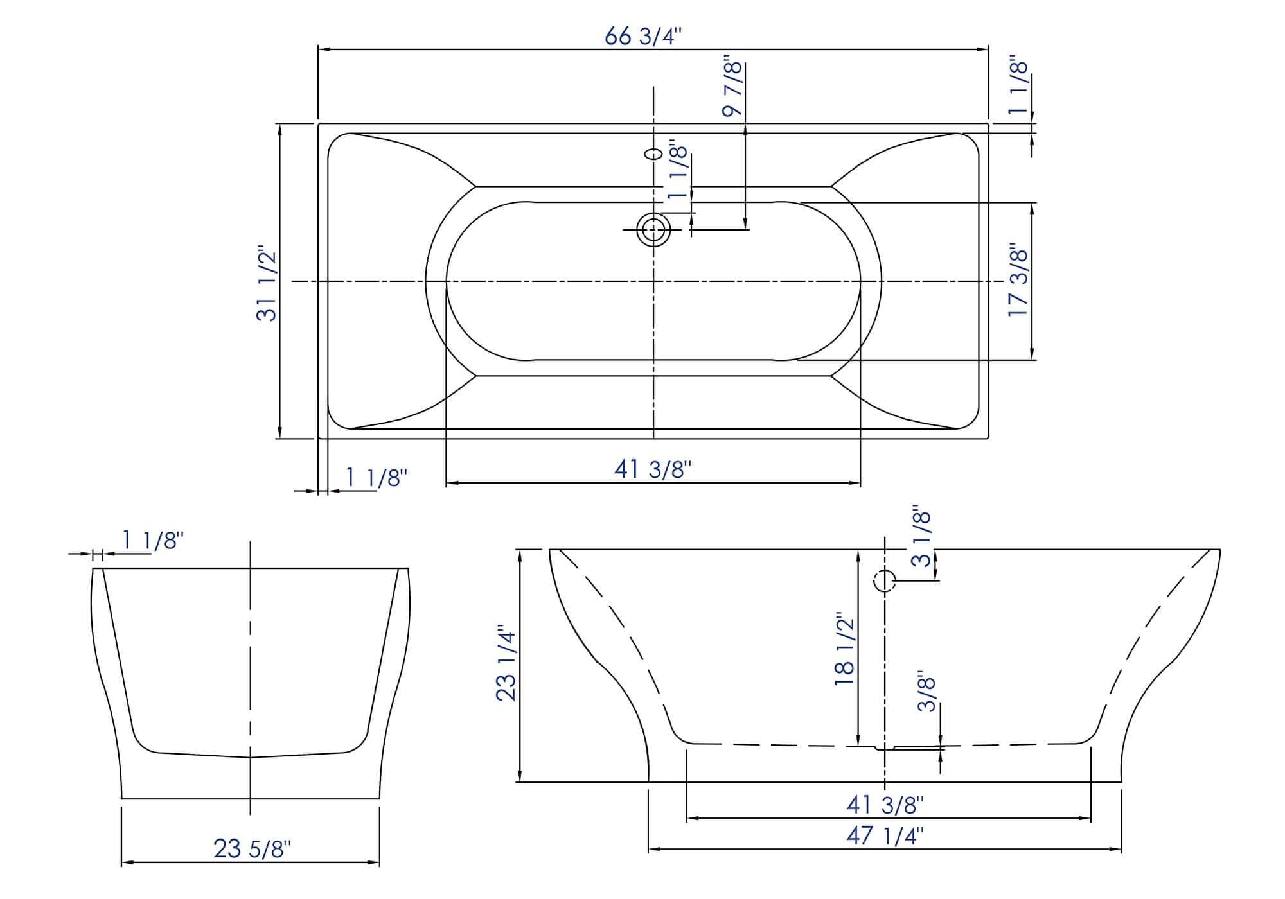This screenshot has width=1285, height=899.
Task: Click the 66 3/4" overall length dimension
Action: click(642, 37)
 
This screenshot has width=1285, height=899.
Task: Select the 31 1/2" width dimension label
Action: click(267, 283)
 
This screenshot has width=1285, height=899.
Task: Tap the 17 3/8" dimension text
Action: click(1018, 279)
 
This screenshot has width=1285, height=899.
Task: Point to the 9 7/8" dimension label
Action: click(732, 88)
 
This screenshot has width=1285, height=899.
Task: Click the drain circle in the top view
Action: click(653, 229)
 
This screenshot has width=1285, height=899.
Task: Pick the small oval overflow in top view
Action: click(653, 154)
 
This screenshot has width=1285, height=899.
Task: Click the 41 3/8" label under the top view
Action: click(652, 469)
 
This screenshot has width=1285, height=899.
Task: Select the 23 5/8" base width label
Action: click(252, 849)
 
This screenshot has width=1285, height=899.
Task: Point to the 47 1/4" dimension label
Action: click(885, 835)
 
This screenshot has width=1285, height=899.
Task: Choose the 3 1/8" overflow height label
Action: click(921, 538)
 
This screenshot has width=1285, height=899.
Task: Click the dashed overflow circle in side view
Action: click(885, 581)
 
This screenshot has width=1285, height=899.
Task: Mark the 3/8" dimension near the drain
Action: click(926, 692)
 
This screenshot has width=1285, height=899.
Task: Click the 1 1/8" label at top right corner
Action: click(1018, 88)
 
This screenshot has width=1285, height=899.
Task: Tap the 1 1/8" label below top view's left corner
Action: click(377, 478)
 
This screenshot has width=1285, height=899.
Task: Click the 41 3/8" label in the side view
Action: click(885, 804)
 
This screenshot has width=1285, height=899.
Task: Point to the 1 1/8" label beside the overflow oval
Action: click(678, 172)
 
